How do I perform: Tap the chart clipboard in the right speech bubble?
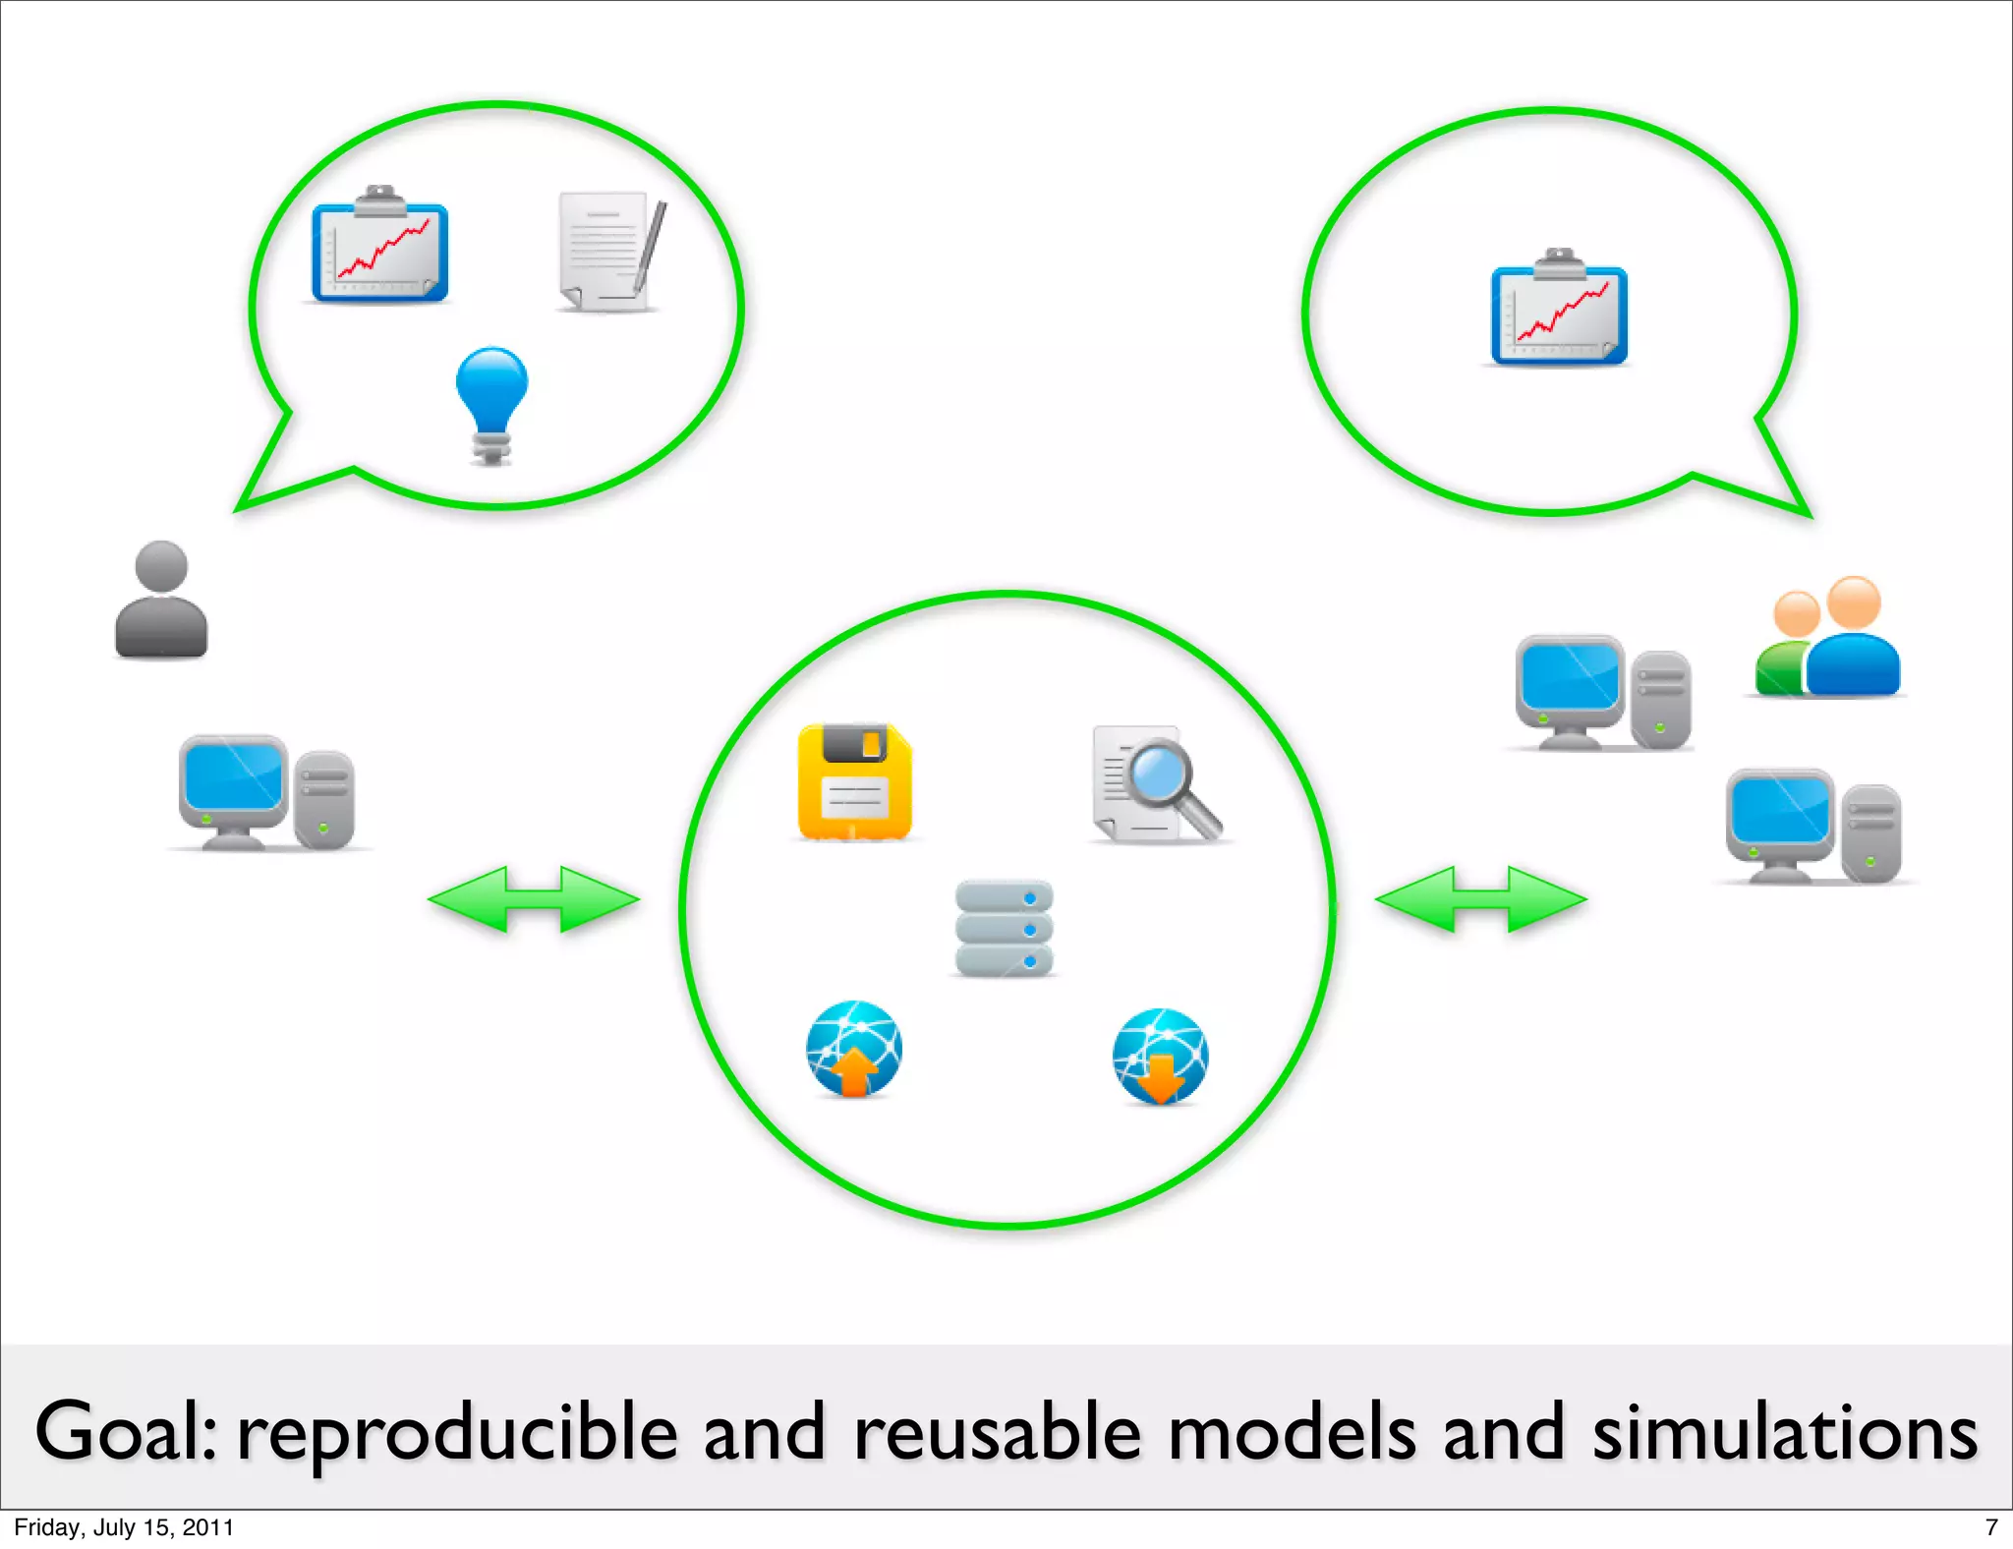(1559, 311)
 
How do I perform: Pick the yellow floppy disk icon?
(854, 782)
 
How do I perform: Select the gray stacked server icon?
(1004, 929)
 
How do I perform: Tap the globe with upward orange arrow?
(853, 1049)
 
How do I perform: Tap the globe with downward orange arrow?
(1160, 1057)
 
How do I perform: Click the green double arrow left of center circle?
(534, 898)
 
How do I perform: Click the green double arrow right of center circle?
(1480, 898)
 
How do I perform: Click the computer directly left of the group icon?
(1601, 694)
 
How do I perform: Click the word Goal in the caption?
(124, 1433)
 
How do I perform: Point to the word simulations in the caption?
(1784, 1433)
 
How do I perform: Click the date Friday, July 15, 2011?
(124, 1527)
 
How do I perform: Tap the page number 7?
(1991, 1527)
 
